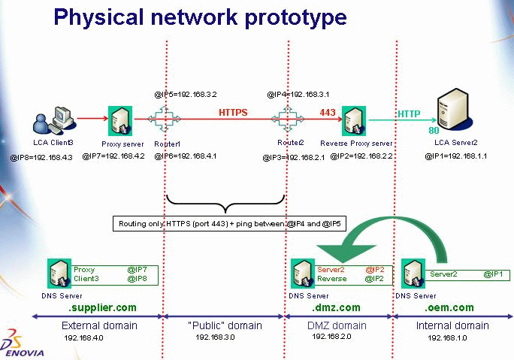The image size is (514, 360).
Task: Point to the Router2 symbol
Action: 287,119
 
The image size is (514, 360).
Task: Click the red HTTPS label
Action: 233,113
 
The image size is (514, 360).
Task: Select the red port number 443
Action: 328,113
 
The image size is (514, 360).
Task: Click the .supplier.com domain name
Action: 102,307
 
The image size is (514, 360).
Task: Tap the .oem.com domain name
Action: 449,307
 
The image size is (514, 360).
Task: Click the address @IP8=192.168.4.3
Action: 42,157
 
